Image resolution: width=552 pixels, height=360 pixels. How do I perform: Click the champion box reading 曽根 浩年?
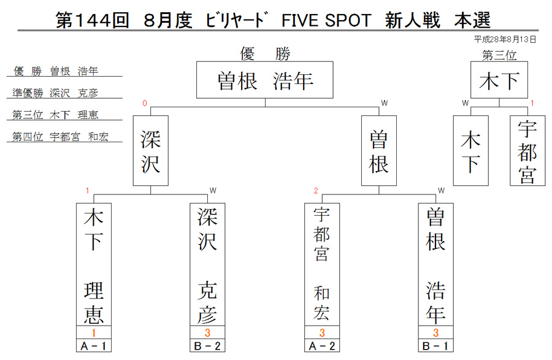point(265,80)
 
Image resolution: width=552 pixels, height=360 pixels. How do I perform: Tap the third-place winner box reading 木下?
point(499,80)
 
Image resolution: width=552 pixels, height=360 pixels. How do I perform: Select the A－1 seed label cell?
point(94,346)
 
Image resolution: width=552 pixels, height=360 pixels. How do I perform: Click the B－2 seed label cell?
point(207,346)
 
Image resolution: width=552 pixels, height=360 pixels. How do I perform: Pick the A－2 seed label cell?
point(322,346)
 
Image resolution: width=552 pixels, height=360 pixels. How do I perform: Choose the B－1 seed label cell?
point(436,346)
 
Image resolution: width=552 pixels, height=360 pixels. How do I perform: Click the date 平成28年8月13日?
point(505,39)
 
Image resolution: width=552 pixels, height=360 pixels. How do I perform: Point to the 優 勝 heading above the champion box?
point(265,54)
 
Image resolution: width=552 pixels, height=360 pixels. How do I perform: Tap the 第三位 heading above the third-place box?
point(499,55)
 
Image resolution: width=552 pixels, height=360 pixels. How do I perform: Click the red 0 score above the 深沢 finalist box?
point(145,103)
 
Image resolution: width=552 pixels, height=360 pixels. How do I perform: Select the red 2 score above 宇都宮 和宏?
point(316,191)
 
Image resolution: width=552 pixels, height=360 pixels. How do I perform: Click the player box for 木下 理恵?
point(94,264)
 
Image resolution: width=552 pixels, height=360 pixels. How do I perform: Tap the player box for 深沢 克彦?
point(207,264)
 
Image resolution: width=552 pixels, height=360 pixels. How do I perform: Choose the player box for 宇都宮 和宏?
point(322,264)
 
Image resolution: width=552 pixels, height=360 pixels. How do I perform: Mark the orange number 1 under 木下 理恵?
point(94,332)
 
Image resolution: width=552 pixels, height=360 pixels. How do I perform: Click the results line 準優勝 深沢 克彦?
point(55,93)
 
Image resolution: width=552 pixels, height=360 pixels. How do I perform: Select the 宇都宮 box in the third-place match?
point(527,151)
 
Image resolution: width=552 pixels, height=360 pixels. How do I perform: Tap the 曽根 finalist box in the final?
point(379,151)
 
